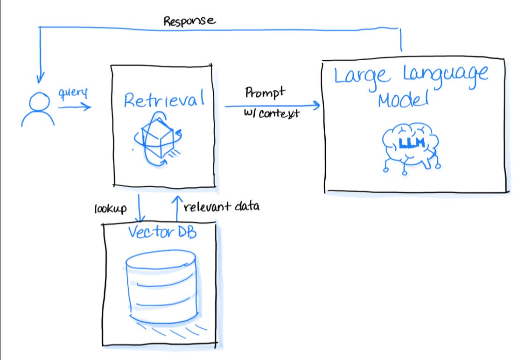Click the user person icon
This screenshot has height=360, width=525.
pyautogui.click(x=38, y=109)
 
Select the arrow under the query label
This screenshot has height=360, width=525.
pyautogui.click(x=75, y=107)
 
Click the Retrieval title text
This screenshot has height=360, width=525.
pyautogui.click(x=164, y=99)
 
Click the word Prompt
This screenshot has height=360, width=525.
pyautogui.click(x=265, y=92)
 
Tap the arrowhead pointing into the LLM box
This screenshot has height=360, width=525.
pyautogui.click(x=316, y=106)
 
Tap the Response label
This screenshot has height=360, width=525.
pyautogui.click(x=189, y=21)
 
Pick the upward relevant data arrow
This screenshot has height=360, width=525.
pyautogui.click(x=177, y=208)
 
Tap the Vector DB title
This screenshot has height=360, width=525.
pyautogui.click(x=161, y=232)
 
